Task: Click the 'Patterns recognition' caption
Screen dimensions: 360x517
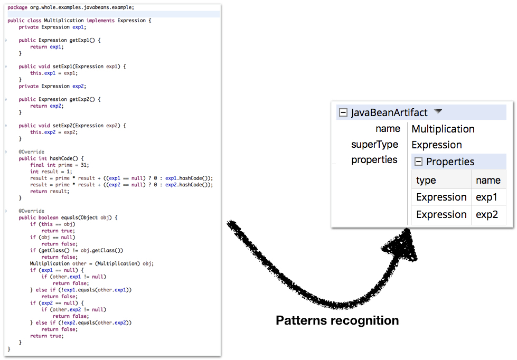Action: click(x=337, y=320)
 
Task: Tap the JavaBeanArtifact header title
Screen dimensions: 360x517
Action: click(x=390, y=112)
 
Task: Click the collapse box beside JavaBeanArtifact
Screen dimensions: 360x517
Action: click(x=343, y=112)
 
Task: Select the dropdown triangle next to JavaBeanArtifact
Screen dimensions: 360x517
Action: click(x=438, y=111)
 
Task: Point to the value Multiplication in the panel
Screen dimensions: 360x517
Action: click(x=443, y=129)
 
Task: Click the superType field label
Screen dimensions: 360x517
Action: click(x=374, y=145)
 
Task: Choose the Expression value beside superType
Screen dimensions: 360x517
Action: click(x=436, y=145)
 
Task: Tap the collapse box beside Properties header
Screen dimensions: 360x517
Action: click(x=418, y=162)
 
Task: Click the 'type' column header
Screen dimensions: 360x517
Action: click(x=426, y=180)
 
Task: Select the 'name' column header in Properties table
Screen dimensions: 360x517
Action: click(x=488, y=180)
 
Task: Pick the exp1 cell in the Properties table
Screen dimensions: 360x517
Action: click(x=486, y=197)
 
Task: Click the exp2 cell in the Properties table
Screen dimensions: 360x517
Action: click(x=486, y=215)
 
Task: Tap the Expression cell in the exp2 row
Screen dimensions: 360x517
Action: click(x=441, y=215)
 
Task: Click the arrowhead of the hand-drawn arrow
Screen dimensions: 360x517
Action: click(x=404, y=248)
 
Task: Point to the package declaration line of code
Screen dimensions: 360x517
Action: click(x=71, y=7)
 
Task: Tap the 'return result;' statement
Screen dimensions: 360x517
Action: click(x=49, y=191)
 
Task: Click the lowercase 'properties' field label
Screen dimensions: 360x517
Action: click(x=374, y=160)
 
